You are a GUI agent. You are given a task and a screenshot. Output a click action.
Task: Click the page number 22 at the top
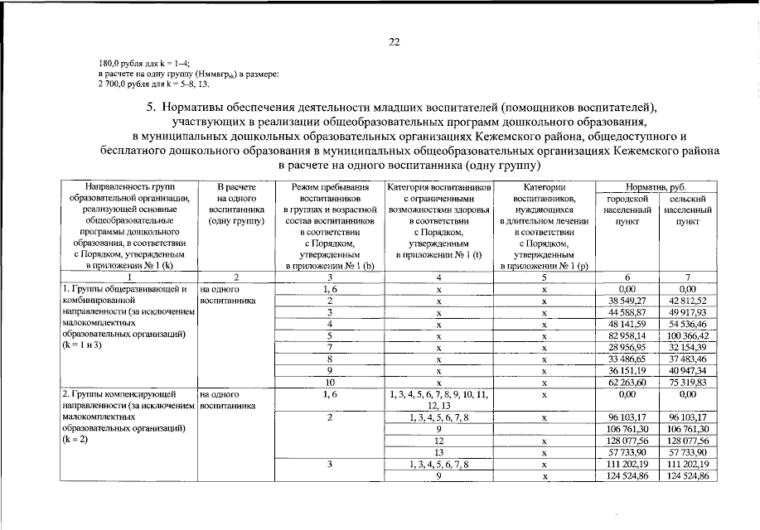click(394, 42)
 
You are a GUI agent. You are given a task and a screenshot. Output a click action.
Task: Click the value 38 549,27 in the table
click(626, 300)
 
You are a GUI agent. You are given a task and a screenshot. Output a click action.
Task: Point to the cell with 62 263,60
click(626, 383)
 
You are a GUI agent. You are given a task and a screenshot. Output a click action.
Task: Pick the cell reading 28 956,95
click(626, 348)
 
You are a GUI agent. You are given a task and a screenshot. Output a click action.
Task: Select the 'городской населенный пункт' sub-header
click(626, 210)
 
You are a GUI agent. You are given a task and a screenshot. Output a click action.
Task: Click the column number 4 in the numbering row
click(439, 277)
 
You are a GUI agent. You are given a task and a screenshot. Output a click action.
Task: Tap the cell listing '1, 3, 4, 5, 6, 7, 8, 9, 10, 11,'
click(439, 395)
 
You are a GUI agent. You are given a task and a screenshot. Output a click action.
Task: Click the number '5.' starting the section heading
click(151, 108)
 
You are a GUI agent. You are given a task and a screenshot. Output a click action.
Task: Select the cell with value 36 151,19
click(626, 371)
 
